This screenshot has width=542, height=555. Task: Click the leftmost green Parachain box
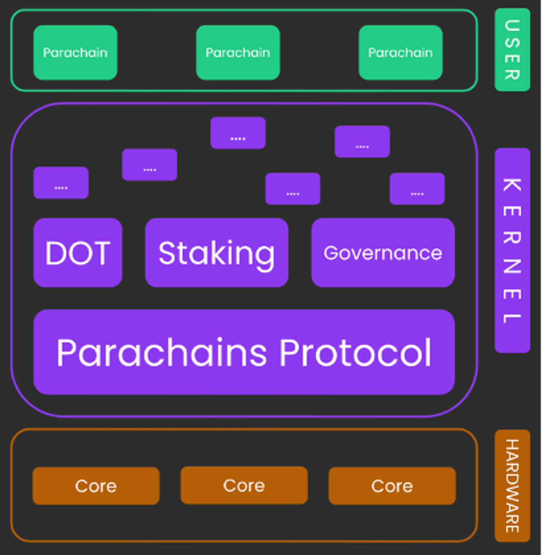click(75, 53)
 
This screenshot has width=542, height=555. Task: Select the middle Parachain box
click(238, 53)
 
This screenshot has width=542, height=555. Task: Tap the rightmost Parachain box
click(401, 53)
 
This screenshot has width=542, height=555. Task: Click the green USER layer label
click(512, 50)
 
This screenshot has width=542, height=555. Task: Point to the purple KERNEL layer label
click(512, 250)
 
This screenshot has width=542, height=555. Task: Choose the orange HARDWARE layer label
click(512, 486)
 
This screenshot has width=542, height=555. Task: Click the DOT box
click(78, 252)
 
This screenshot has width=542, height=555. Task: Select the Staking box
click(217, 252)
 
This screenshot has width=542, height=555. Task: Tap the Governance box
click(383, 252)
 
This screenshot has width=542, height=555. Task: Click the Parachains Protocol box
click(244, 352)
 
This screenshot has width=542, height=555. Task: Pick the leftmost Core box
click(96, 486)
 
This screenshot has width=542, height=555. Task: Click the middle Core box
click(244, 485)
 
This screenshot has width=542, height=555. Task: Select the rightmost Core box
click(392, 486)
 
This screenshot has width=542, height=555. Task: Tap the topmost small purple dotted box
click(238, 133)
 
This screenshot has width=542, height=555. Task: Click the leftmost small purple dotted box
click(61, 182)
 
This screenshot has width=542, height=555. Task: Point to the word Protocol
click(355, 353)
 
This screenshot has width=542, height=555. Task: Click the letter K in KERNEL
click(512, 185)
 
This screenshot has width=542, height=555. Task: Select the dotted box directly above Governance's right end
click(417, 189)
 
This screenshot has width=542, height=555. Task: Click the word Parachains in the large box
click(162, 353)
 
